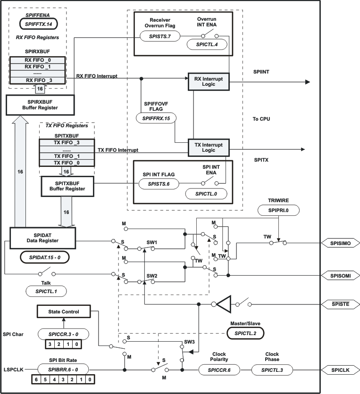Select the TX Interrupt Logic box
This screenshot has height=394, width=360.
click(x=209, y=146)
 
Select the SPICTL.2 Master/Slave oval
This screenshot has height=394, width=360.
click(x=245, y=333)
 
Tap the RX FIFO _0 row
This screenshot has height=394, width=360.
click(x=38, y=60)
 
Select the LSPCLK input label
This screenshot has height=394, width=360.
click(x=14, y=370)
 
